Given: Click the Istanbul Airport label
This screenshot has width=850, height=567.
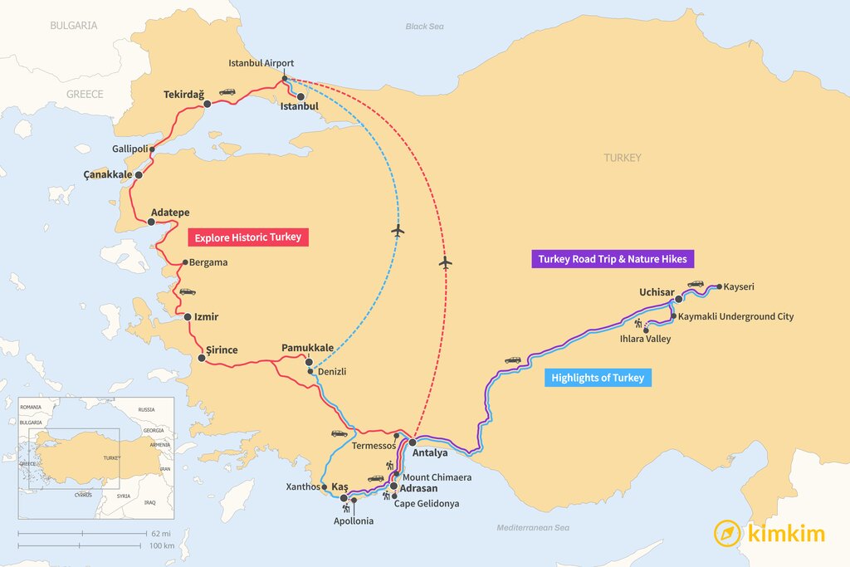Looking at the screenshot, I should (261, 63).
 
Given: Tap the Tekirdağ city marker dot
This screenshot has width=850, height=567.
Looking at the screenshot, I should (208, 104).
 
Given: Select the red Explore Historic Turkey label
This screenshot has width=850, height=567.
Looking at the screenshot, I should (249, 237).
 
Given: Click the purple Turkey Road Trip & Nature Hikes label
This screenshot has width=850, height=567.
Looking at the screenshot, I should (612, 259).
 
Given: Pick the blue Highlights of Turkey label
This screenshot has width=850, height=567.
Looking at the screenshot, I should (596, 378).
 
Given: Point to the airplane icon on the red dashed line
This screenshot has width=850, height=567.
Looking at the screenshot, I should (446, 263).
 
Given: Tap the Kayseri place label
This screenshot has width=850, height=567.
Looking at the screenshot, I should (739, 287).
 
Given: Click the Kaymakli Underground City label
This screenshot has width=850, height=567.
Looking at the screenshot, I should (735, 316).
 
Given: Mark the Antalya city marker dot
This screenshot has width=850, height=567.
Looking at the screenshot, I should (412, 442).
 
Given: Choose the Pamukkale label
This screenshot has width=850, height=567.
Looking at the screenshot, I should (308, 348).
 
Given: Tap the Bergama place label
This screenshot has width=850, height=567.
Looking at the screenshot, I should (208, 262).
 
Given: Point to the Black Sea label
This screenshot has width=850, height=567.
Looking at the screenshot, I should (424, 27).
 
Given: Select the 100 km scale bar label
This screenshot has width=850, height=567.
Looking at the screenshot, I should (163, 545).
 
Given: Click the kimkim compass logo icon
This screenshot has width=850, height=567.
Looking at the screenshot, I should (728, 533).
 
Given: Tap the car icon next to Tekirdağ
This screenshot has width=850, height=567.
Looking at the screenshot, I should (227, 92).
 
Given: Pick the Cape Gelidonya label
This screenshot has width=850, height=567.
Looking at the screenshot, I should (427, 504).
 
